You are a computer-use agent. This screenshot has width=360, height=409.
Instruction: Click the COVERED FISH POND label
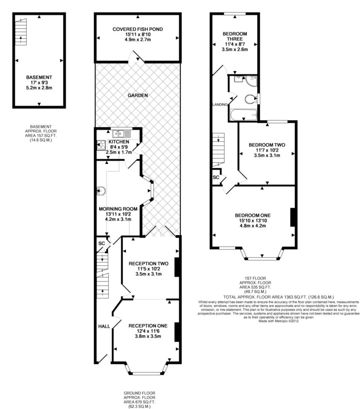pos(138,29)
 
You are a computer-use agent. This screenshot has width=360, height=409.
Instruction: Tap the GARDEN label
pos(138,95)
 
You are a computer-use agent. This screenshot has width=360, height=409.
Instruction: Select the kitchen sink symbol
pos(121,134)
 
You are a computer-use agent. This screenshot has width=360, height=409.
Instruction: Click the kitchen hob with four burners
pos(101,146)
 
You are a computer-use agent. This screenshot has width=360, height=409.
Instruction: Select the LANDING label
pos(220,105)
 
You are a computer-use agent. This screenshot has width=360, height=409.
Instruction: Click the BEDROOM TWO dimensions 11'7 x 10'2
pos(267,150)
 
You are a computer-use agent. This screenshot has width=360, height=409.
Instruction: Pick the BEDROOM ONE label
pos(253,216)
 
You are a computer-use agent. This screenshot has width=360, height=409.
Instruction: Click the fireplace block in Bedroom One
pos(292,217)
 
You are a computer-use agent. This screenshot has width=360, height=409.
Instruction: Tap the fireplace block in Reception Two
pos(177,267)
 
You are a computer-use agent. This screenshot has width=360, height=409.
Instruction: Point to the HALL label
pos(104,326)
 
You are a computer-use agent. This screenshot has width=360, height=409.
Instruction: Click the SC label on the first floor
pos(216,177)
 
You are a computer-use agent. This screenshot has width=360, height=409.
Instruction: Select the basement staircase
pos(20,32)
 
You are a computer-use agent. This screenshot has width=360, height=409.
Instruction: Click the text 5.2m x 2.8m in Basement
pos(39,88)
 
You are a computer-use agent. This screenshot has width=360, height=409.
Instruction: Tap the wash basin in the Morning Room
pos(101,191)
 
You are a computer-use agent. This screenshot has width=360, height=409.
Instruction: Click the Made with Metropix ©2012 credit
pos(278,321)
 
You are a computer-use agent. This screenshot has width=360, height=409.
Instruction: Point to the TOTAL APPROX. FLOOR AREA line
pos(279,297)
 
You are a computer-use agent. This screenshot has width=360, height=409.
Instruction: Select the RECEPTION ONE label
pos(148,326)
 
